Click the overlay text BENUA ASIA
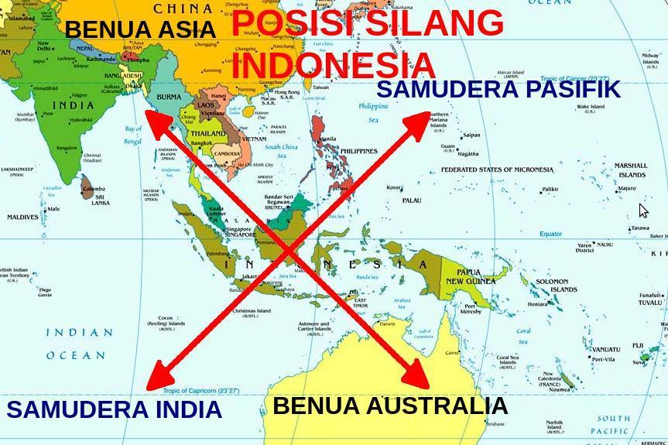[x=140, y=30]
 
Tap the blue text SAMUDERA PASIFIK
[x=498, y=89]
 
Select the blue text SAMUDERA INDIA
[x=115, y=409]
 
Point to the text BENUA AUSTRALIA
[x=390, y=406]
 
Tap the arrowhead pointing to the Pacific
[x=418, y=120]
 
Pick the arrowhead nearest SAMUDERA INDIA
[x=158, y=378]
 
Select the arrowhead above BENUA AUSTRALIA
[x=416, y=377]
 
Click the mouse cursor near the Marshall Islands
[x=643, y=211]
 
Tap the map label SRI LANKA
[x=101, y=199]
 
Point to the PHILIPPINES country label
[x=358, y=152]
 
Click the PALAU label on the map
[x=412, y=200]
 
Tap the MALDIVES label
[x=22, y=217]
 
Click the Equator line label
[x=550, y=234]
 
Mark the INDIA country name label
[x=74, y=105]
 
